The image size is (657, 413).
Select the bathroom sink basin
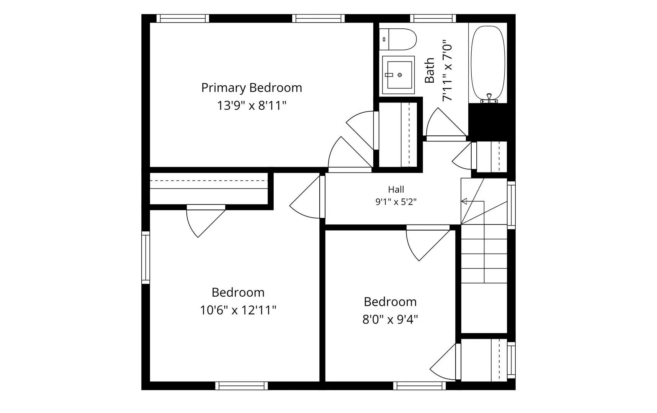pos(398,75)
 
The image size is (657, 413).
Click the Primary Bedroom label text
pos(252,88)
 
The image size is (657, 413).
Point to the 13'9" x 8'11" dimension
pos(252,106)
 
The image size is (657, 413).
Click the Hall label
pos(396,189)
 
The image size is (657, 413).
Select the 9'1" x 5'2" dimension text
pos(396,202)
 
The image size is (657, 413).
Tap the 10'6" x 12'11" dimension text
pos(238,310)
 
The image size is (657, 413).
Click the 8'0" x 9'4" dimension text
pos(390,319)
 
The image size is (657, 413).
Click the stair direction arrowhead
pos(464,201)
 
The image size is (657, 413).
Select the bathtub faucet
pos(489,99)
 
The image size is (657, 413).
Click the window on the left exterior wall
pos(145,257)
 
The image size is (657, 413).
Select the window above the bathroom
pos(433,18)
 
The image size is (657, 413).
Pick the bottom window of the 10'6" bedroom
pos(241,386)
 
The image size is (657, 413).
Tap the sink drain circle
pos(400,75)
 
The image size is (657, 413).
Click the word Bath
pos(430,70)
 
